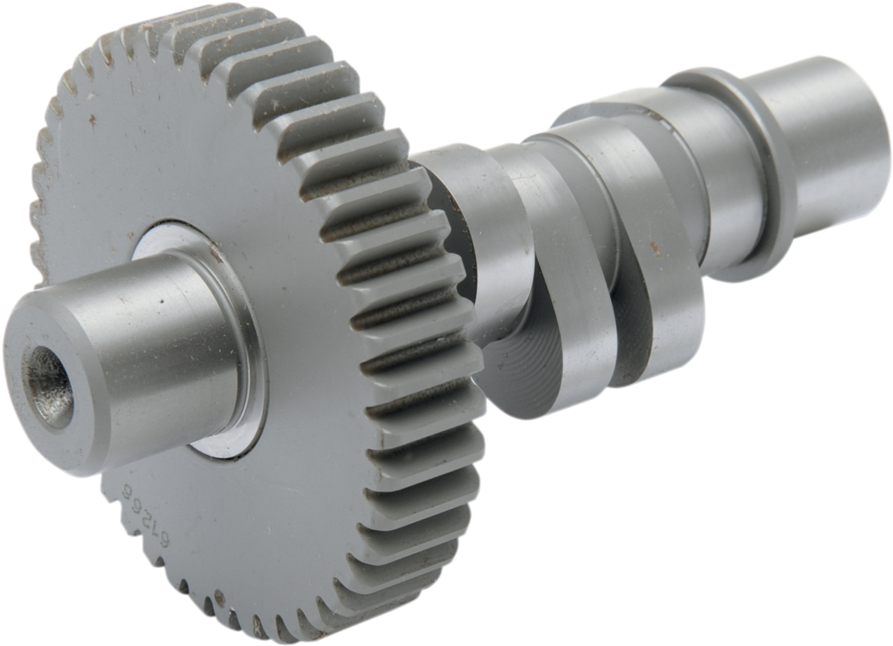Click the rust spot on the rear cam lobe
click(x=654, y=247)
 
